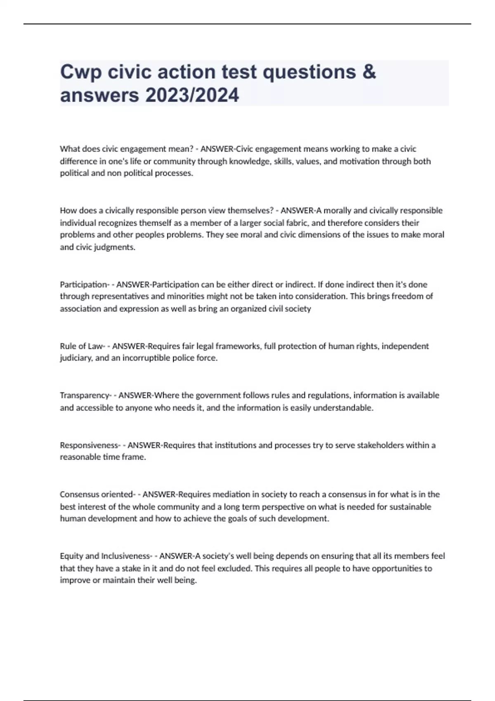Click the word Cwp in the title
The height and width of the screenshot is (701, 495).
click(x=80, y=72)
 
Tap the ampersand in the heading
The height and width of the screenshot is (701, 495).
click(x=370, y=72)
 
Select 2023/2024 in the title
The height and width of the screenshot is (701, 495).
click(x=192, y=95)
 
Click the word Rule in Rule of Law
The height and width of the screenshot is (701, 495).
click(x=67, y=346)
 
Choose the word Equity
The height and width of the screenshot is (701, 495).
click(x=71, y=556)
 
